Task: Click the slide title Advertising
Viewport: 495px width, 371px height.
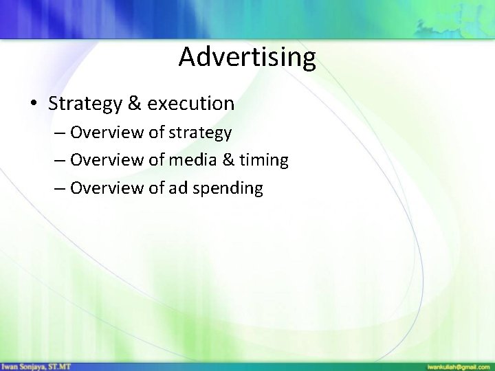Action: [247, 57]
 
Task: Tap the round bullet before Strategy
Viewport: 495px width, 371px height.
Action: [33, 104]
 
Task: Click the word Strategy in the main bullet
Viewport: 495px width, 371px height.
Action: [84, 104]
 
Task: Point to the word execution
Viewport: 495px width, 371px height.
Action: [190, 104]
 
